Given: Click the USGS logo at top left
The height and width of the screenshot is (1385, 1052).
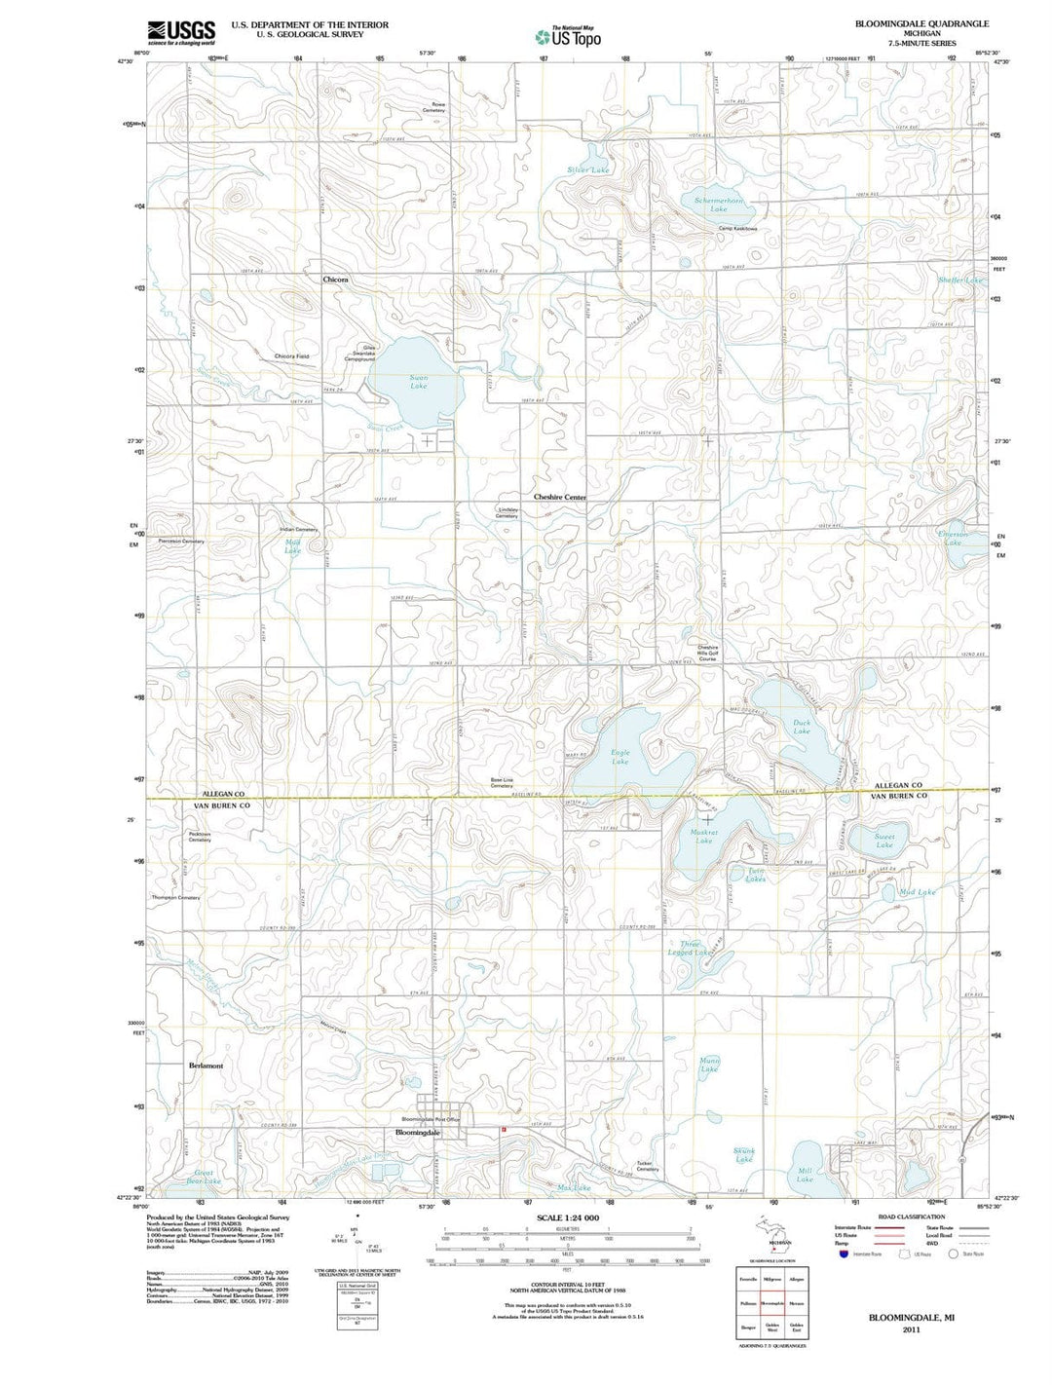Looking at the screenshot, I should tap(180, 33).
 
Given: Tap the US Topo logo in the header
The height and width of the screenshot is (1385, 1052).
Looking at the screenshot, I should tap(568, 37).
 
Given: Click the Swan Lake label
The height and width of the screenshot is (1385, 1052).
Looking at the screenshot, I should tap(418, 381).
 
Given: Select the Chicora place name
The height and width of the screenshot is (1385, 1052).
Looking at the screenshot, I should tap(335, 279).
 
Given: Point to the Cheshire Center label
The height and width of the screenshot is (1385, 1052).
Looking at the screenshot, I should tap(560, 497).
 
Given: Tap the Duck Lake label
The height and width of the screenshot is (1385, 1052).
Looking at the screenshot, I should tap(801, 727).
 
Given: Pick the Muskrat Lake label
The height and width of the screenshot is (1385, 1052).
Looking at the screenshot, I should tap(703, 837).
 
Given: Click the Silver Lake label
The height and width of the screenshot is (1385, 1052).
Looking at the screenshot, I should tap(588, 170).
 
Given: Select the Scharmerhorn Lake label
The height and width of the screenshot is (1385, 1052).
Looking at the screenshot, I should tap(719, 205).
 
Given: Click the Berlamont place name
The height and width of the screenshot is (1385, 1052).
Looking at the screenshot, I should tap(206, 1066).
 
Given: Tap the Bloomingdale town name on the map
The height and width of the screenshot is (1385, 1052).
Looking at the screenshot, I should tap(418, 1133).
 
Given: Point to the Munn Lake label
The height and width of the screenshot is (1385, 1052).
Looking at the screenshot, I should tap(709, 1065).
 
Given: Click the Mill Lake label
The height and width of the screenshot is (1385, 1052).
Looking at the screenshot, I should tap(805, 1175).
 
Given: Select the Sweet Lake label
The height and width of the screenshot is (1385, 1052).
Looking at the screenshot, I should tap(883, 841).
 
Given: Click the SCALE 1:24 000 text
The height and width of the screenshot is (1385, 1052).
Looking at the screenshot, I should tap(567, 1218).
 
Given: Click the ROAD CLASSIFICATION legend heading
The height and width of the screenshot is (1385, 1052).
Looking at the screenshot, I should tap(912, 1217).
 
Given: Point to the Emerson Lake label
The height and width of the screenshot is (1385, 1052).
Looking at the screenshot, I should tap(952, 539).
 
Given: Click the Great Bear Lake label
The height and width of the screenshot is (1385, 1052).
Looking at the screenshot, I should tap(205, 1177).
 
